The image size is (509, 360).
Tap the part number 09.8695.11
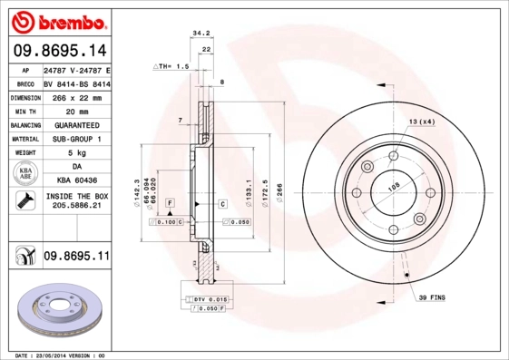coord(76,258)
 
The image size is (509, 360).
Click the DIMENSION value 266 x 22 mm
coord(76,96)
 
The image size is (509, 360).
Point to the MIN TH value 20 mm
coord(76,110)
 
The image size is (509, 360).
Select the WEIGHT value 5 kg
coord(76,153)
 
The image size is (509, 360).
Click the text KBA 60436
coord(76,181)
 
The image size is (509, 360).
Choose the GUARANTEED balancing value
coord(76,124)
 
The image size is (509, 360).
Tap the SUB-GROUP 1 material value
coord(76,139)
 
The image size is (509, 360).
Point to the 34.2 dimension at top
coord(201,34)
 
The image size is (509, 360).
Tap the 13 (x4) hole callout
coord(421,122)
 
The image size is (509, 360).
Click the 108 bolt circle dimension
coord(394,187)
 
